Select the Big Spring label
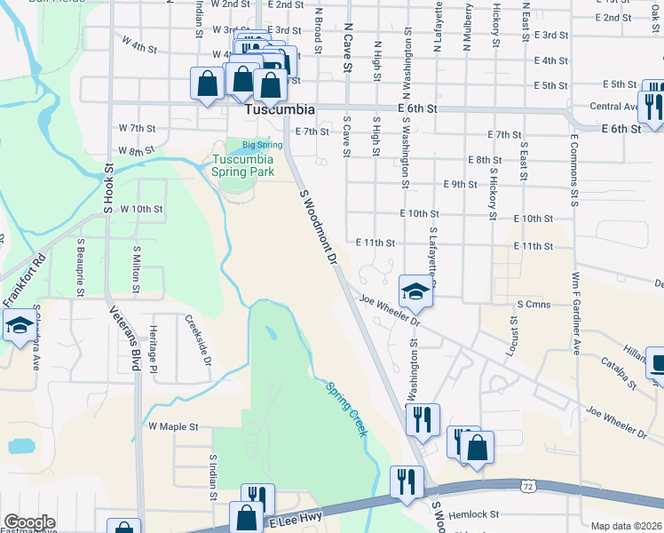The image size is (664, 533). coord(262,145)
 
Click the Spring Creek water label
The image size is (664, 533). coord(346,409)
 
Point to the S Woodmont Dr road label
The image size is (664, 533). coord(320,227)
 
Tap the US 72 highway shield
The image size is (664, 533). coord(527,487)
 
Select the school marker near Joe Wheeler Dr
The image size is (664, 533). coord(414,290)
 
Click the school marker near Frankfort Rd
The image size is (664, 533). coord(20,326)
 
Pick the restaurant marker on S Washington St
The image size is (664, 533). coord(422,418)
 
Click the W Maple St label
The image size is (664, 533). coord(173,426)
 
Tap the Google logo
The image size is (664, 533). coord(29,522)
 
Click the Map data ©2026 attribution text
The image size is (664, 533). coord(627,526)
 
